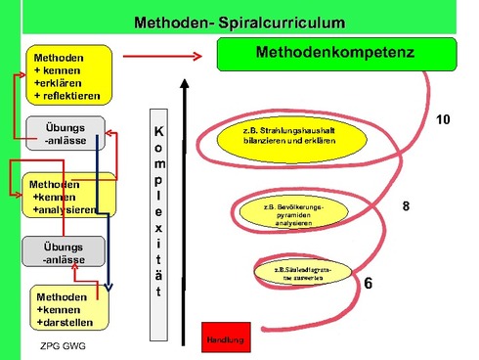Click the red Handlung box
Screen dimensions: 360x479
click(222, 336)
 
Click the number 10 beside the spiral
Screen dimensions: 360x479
click(442, 119)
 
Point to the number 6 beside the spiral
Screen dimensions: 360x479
click(368, 285)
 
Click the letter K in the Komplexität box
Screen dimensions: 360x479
click(159, 130)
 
